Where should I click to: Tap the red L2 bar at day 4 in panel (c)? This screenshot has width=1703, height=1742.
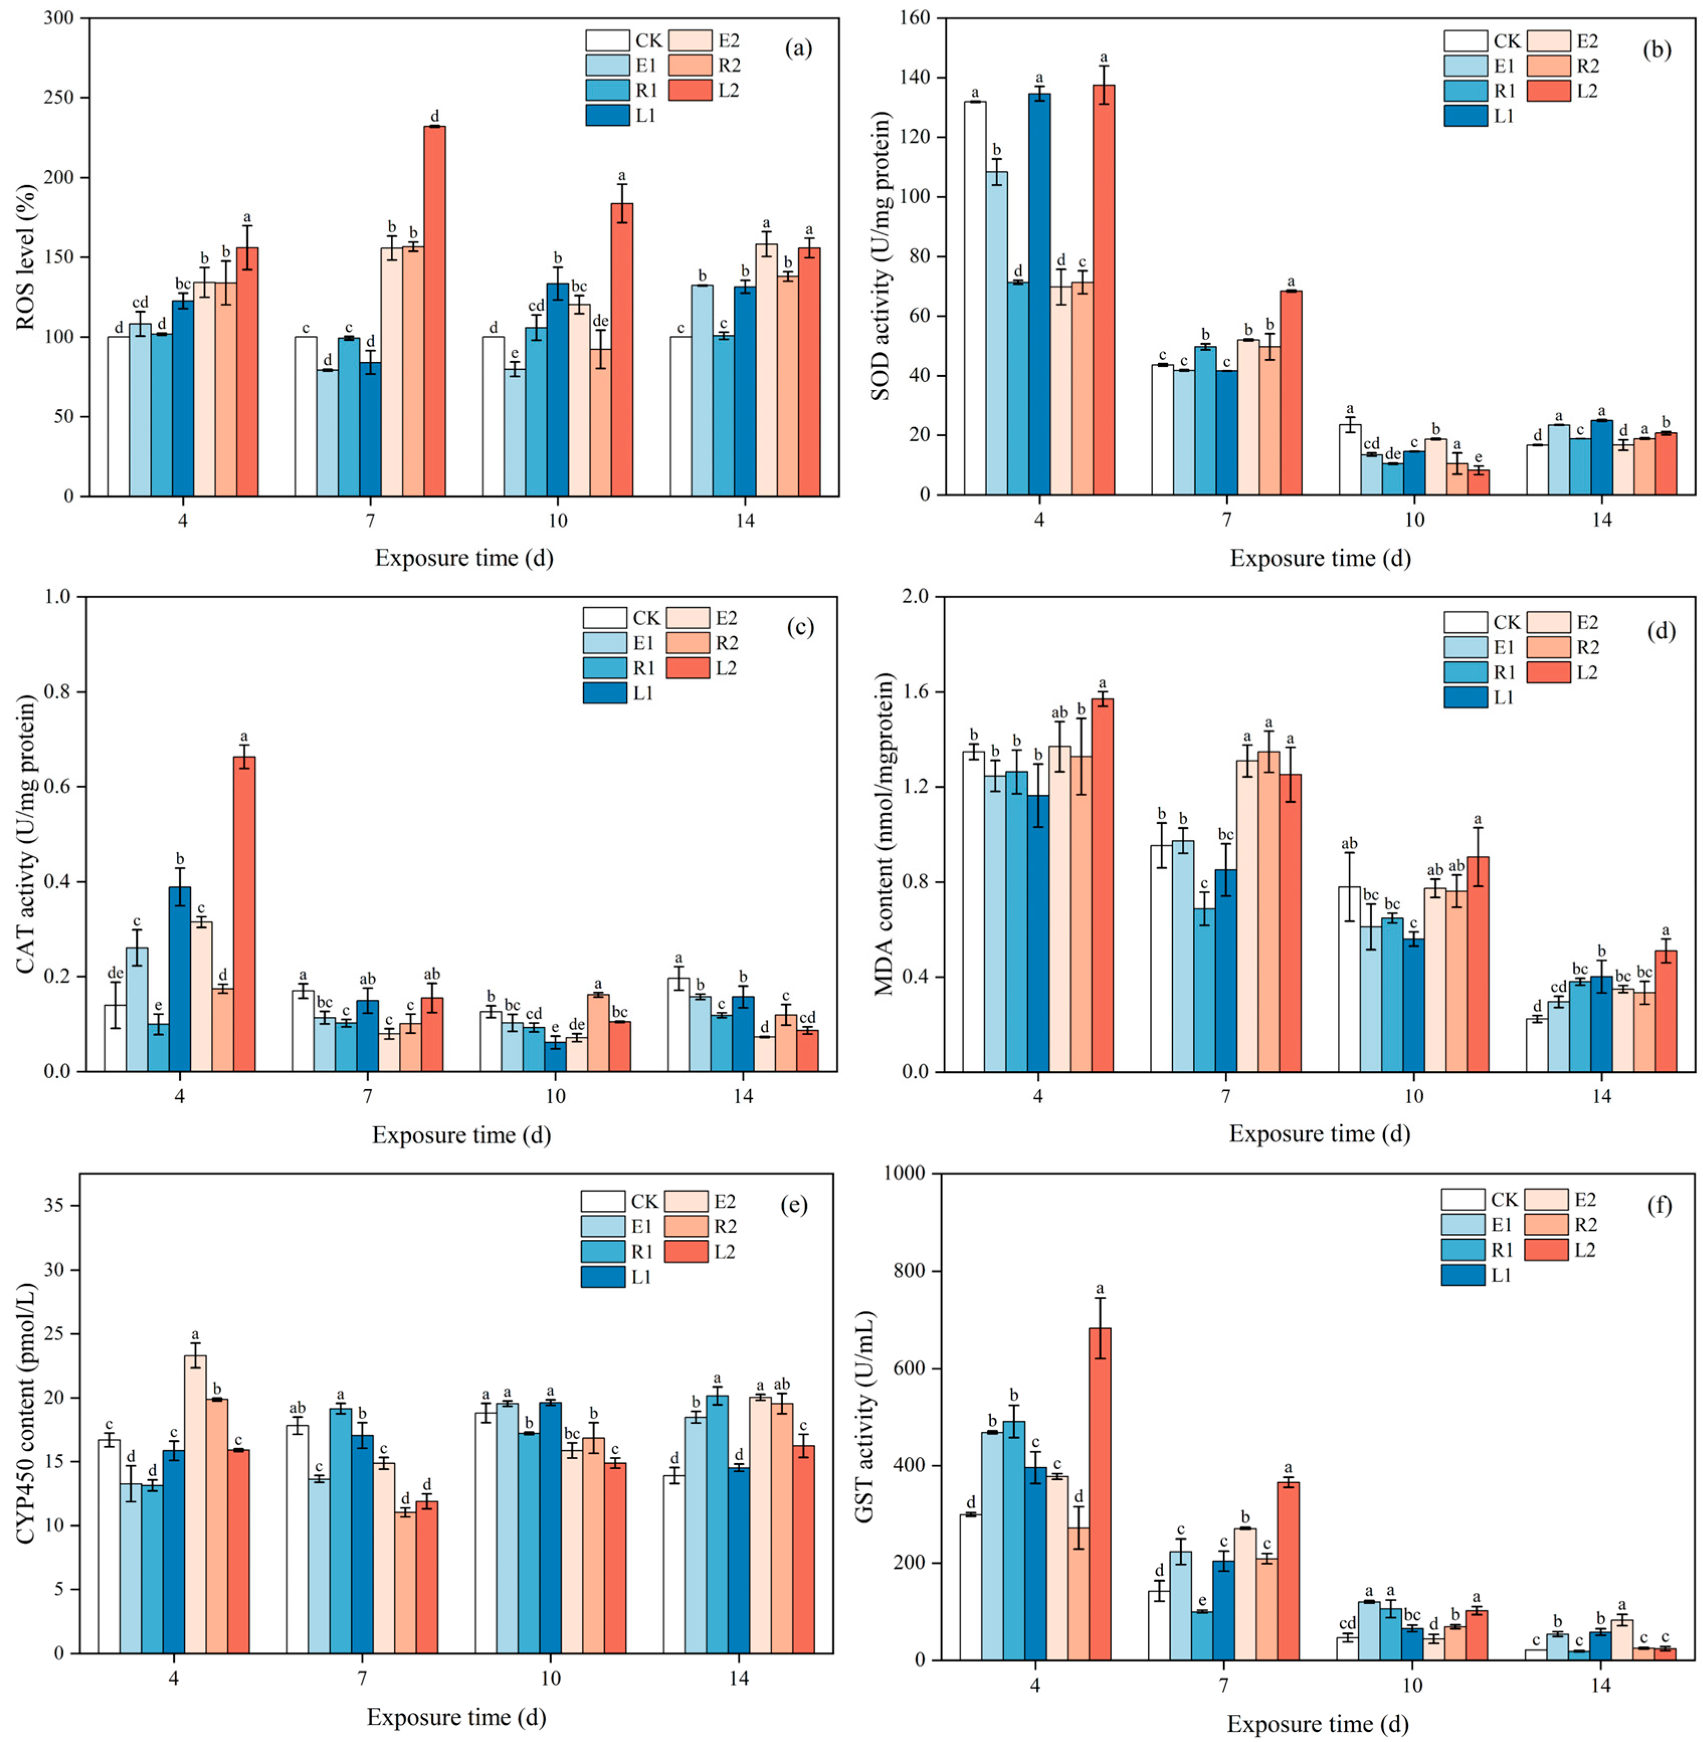click(x=244, y=914)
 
